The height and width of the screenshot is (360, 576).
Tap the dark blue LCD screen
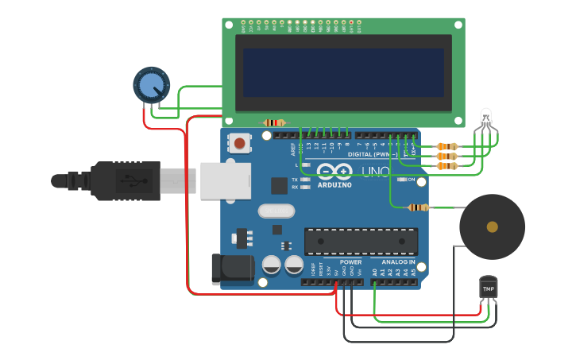[x=343, y=72]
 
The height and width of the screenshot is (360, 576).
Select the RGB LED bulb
[x=486, y=118]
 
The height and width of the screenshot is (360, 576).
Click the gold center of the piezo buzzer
[x=493, y=226]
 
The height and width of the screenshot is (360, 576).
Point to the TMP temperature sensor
[x=488, y=287]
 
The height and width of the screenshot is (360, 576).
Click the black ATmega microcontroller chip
[x=361, y=242]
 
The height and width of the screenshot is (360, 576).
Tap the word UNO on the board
[x=375, y=172]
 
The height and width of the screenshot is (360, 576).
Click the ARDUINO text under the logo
[x=334, y=185]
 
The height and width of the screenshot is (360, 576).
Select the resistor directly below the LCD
[x=274, y=122]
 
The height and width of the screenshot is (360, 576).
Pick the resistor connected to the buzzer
[x=419, y=208]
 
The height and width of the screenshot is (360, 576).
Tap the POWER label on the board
[x=350, y=261]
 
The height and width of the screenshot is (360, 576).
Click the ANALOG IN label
[x=398, y=261]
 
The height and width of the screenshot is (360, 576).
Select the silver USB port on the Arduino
[x=225, y=181]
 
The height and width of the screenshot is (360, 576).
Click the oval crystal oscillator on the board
[x=276, y=211]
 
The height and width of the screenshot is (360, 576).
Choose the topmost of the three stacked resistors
[x=447, y=146]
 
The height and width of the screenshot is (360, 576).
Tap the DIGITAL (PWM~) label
[x=372, y=154]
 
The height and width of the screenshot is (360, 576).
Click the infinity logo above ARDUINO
[x=335, y=171]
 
